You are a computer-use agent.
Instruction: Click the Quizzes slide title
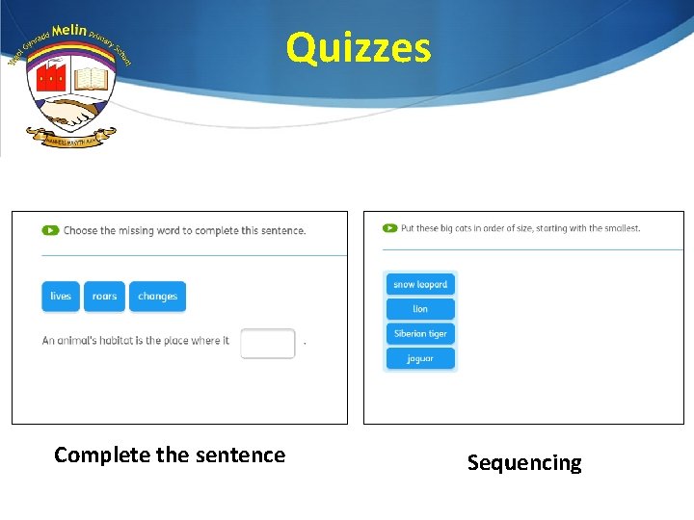point(359,47)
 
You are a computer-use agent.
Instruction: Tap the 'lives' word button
point(61,297)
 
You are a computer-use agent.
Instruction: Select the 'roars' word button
point(104,297)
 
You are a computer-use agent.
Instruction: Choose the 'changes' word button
point(157,297)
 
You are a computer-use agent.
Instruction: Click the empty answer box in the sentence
point(268,343)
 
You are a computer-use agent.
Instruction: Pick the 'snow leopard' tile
point(420,284)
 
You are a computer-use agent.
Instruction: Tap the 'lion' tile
point(420,309)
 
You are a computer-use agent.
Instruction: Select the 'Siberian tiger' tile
point(420,334)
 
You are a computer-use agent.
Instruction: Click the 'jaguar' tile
point(420,358)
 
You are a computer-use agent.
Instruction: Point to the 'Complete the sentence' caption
point(170,455)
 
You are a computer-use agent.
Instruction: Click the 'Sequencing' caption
point(524,463)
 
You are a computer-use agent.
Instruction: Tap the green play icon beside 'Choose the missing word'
point(50,230)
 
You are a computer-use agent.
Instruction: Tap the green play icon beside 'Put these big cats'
point(389,228)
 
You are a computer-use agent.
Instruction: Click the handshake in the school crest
point(70,113)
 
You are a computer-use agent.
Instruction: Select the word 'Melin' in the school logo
point(69,32)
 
